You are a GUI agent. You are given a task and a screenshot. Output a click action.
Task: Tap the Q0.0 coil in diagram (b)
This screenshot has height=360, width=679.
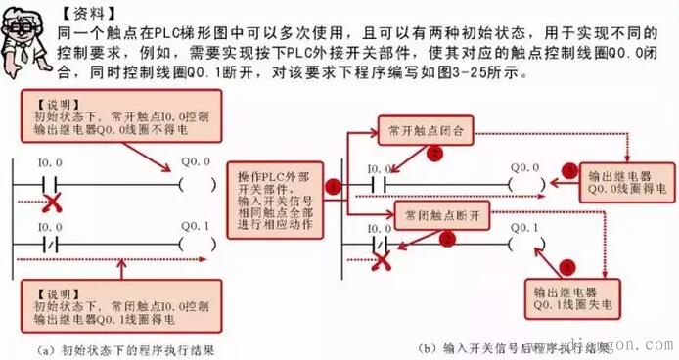click(x=526, y=183)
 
